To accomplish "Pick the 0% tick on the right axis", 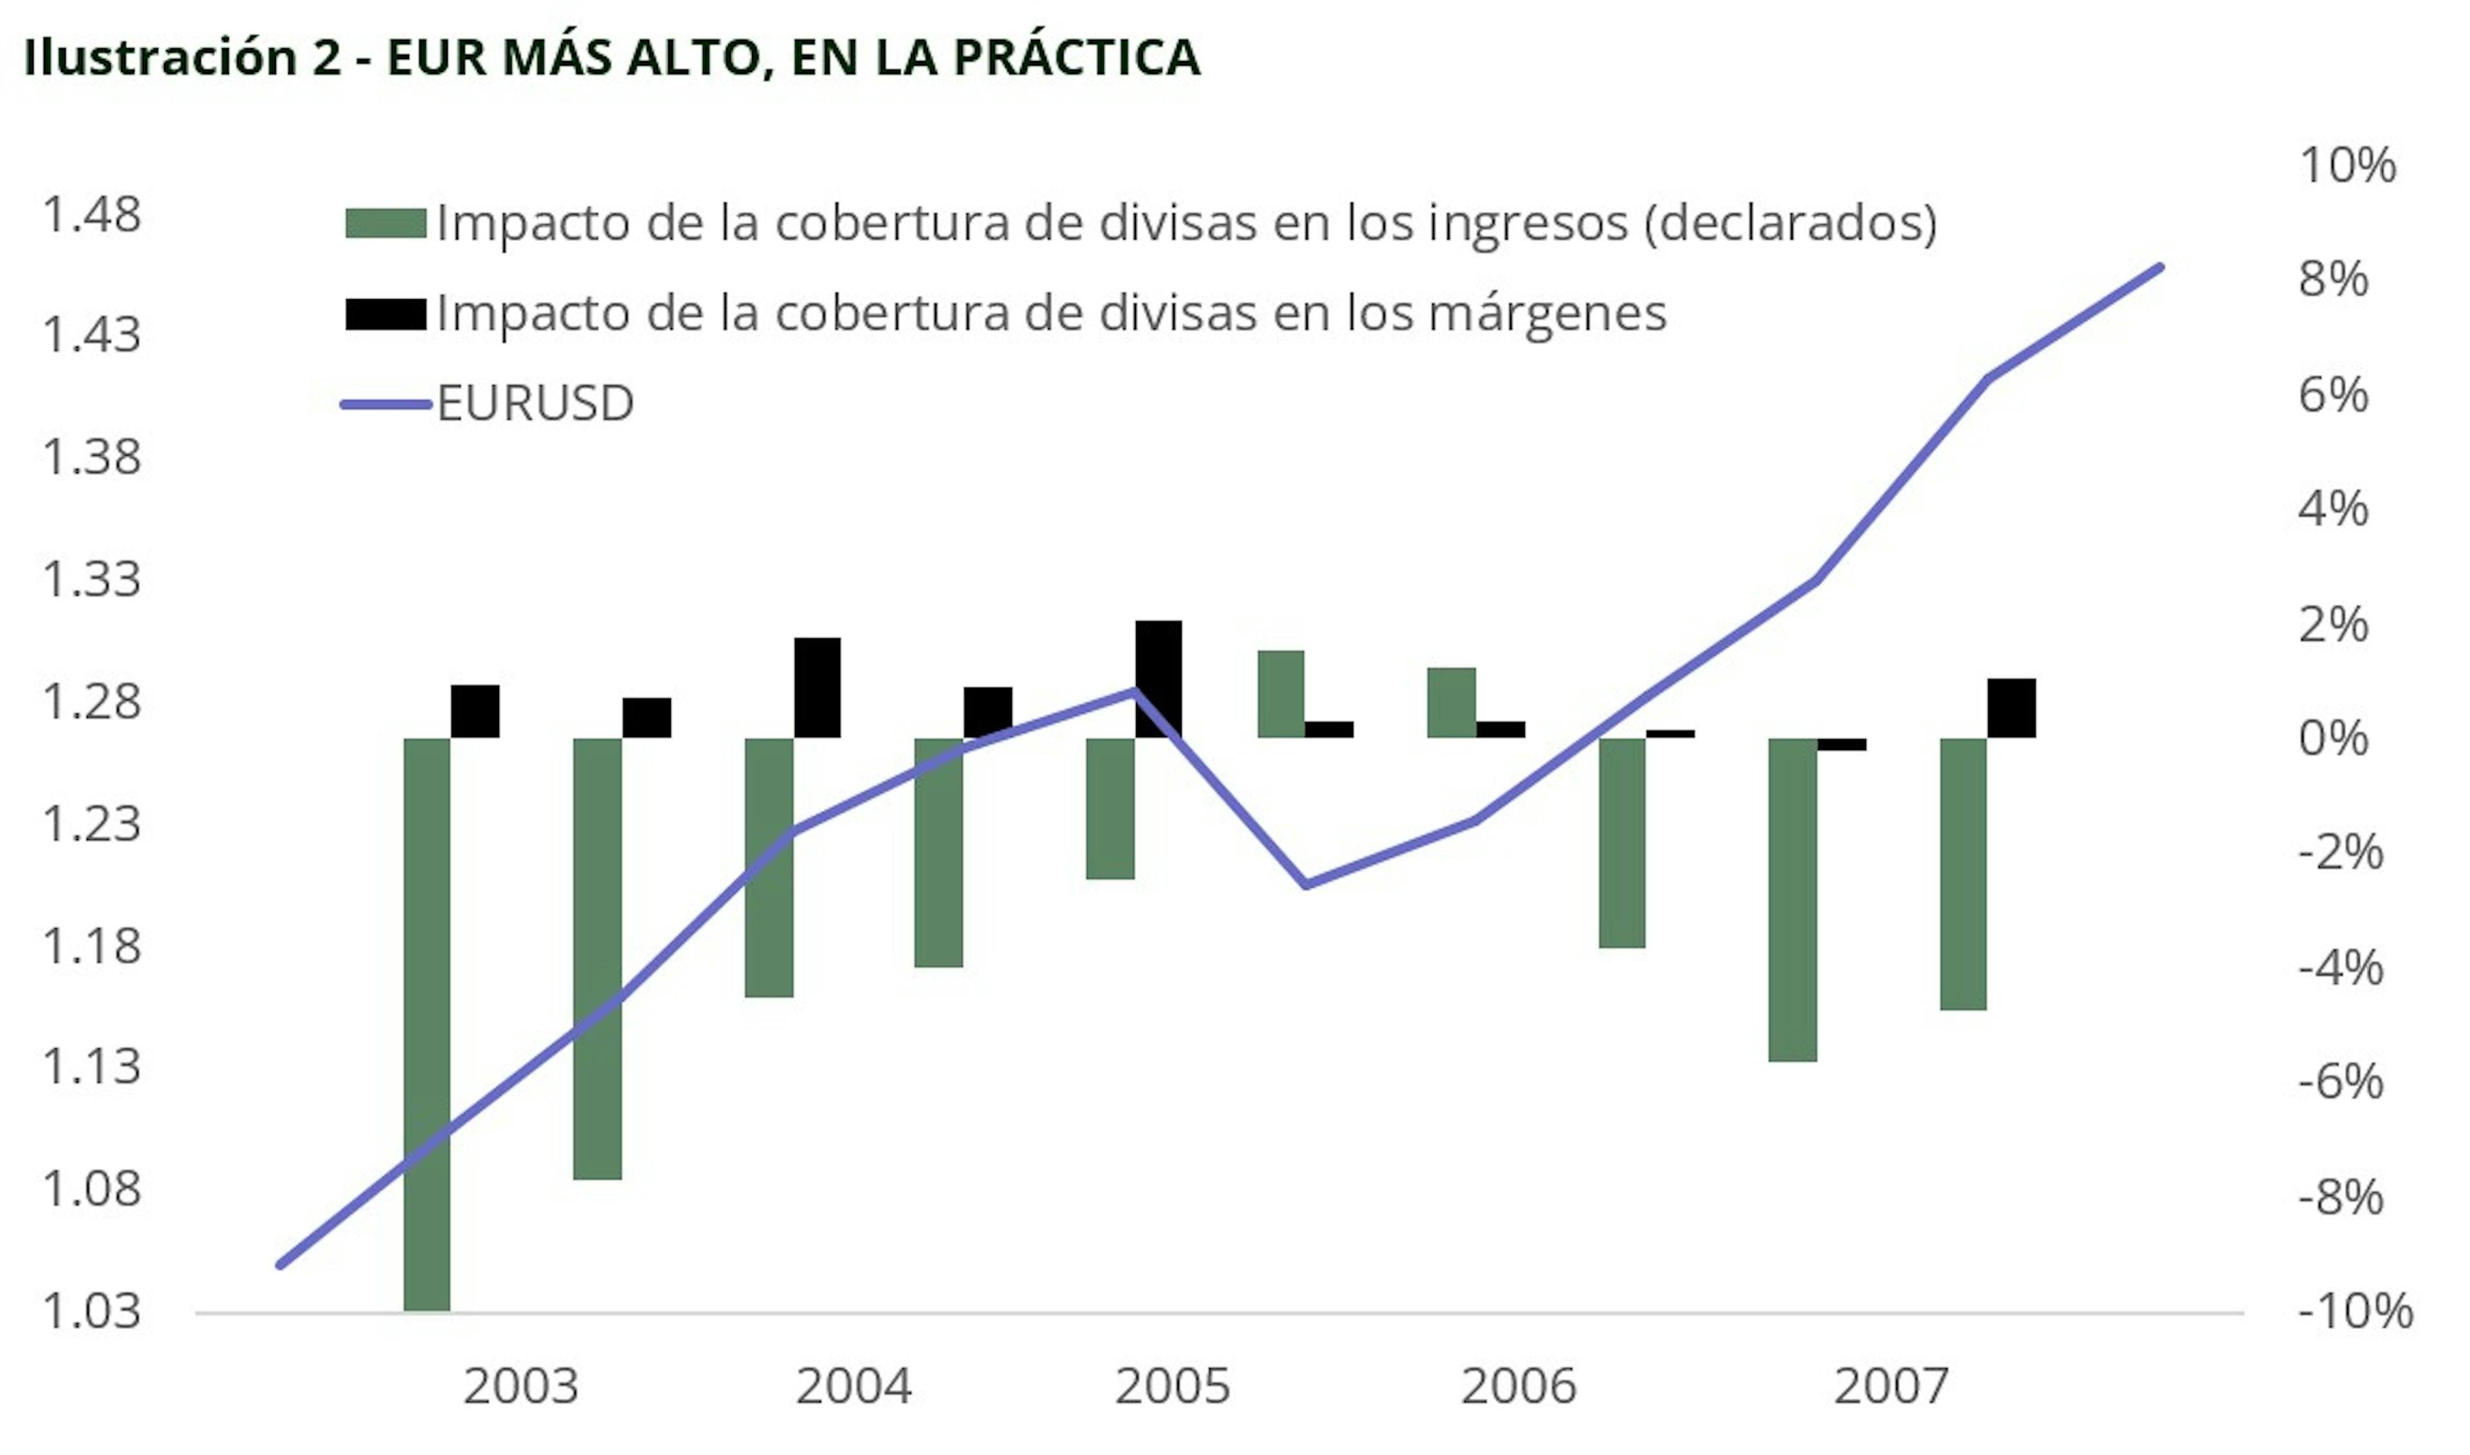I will (x=2333, y=738).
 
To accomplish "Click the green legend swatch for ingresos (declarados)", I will (x=385, y=224).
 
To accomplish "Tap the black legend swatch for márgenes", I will (x=385, y=314).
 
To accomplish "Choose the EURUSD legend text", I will (x=535, y=403).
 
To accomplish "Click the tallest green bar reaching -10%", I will (x=427, y=1025).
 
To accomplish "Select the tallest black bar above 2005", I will (x=1158, y=679).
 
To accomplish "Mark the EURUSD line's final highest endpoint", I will (x=2160, y=267).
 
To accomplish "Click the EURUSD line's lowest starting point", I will (x=281, y=1265).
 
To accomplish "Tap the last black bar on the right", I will (x=2011, y=708).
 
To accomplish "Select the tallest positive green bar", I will (x=1281, y=693).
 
